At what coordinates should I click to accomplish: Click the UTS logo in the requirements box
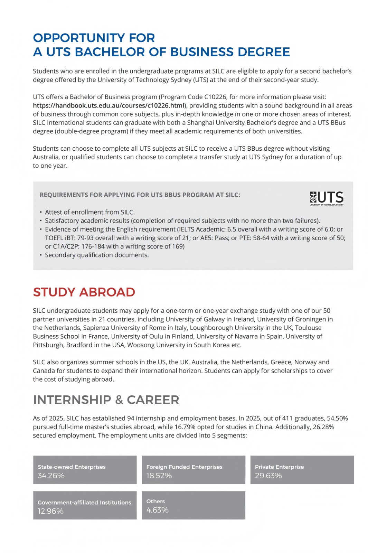tap(326, 198)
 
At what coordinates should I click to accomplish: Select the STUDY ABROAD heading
tap(84, 292)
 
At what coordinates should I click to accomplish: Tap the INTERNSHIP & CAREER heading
tap(106, 400)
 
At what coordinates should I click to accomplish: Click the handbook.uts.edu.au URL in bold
tap(108, 105)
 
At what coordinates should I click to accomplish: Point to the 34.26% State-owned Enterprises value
tap(51, 476)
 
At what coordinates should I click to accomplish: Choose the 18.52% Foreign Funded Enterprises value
tap(159, 476)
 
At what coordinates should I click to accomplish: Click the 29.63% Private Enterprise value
tap(268, 476)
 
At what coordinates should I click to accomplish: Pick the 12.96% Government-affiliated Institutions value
tap(50, 511)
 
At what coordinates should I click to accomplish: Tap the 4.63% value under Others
tap(157, 510)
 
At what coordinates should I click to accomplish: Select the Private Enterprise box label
tap(279, 467)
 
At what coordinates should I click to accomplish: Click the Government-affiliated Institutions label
tap(84, 503)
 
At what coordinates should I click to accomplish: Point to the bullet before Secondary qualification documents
tap(41, 255)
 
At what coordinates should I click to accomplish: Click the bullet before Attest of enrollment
tap(41, 212)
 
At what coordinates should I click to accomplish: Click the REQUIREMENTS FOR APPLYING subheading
tap(140, 195)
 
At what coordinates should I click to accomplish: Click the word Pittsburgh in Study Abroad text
tap(48, 345)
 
